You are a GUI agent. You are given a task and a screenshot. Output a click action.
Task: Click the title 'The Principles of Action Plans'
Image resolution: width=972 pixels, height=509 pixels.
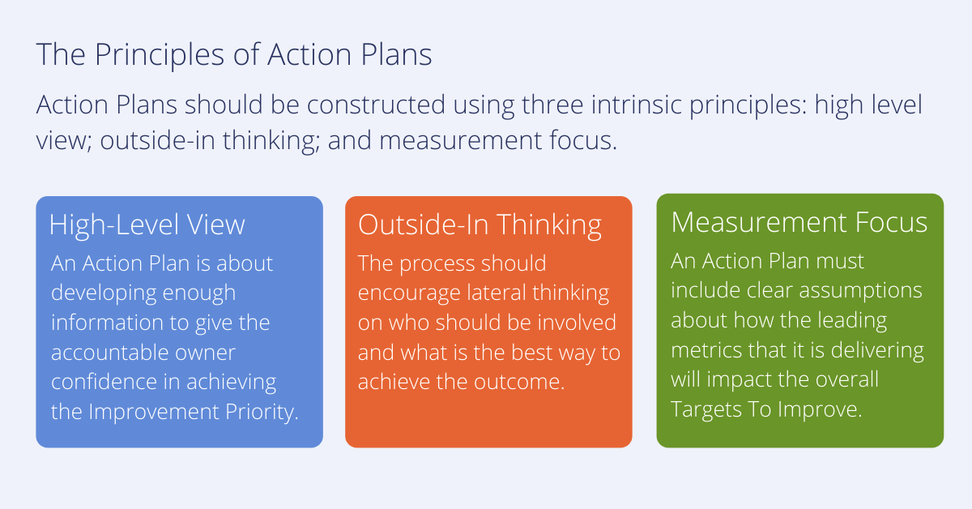(234, 56)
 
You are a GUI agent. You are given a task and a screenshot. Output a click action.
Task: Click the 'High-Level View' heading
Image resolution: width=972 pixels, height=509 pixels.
(147, 225)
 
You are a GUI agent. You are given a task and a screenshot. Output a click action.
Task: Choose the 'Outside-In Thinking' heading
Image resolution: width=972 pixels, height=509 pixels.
(480, 225)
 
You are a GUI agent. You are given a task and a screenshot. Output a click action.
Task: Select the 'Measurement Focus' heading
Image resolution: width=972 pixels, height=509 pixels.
(799, 222)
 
